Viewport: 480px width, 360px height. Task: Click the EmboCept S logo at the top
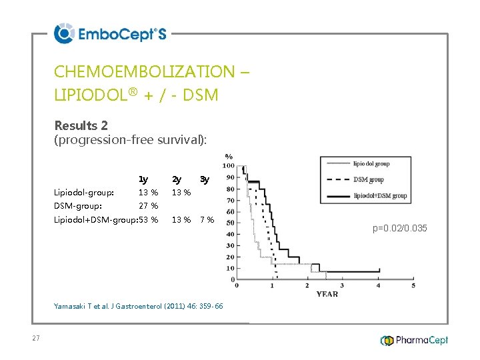[110, 33]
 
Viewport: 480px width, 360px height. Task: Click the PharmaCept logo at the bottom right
[414, 341]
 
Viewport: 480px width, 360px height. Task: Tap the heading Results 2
[81, 125]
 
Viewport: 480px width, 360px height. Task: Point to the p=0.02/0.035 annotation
[400, 229]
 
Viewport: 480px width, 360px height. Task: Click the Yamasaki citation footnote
[138, 306]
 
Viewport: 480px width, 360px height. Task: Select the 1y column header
[143, 179]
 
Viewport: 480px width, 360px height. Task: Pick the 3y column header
[205, 179]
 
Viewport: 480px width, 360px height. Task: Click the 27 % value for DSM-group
[148, 206]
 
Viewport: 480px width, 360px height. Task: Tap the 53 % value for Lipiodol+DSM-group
[148, 220]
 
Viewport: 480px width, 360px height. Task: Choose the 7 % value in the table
[207, 220]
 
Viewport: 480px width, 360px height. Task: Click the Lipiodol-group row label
[84, 193]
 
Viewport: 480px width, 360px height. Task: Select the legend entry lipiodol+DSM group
[379, 195]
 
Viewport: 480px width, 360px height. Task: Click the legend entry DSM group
[368, 179]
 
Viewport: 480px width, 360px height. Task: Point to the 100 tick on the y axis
[228, 165]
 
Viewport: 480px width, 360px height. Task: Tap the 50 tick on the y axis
[230, 223]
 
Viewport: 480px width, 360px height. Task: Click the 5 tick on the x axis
[413, 285]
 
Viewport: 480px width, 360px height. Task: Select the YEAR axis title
[327, 294]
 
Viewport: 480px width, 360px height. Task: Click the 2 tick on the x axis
[307, 285]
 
